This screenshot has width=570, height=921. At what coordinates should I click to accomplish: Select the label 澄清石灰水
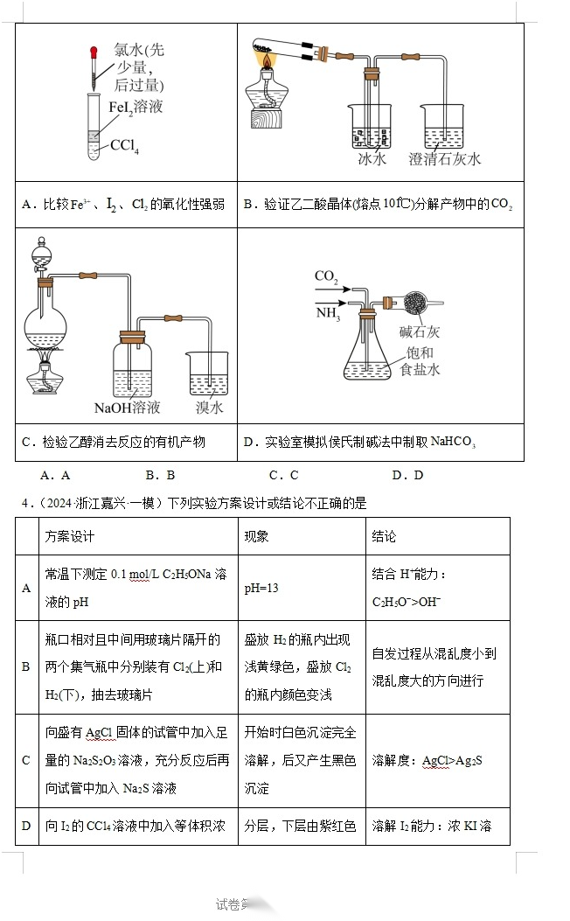[x=445, y=159]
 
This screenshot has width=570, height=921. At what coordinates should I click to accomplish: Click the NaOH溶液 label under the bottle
[x=128, y=408]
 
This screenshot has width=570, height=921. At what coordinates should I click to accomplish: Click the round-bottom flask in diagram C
[x=44, y=328]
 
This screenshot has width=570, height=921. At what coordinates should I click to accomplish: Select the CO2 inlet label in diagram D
[x=326, y=276]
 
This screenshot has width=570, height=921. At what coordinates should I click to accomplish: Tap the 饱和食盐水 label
[x=420, y=361]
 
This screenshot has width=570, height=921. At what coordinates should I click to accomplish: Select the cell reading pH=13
[x=261, y=588]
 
